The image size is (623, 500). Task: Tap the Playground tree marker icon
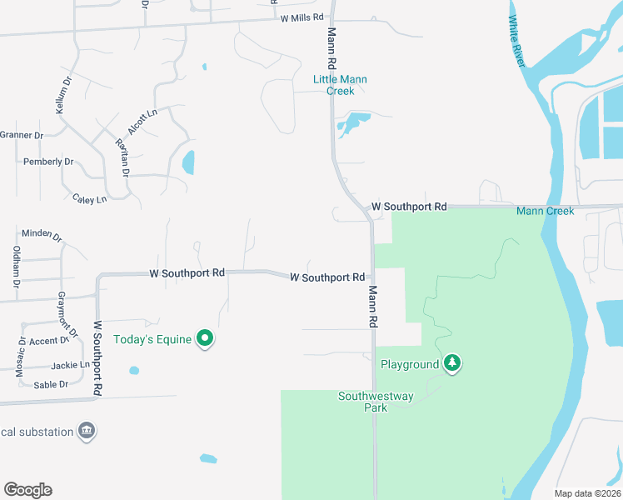tap(452, 363)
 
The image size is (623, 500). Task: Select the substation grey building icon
tap(86, 431)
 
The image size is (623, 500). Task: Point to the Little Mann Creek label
tap(340, 85)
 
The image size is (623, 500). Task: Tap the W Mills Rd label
tap(302, 17)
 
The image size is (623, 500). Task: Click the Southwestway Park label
tap(376, 402)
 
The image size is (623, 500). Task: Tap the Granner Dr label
tap(21, 135)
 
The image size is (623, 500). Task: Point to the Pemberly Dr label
tap(48, 162)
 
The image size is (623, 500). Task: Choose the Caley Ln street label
tap(90, 199)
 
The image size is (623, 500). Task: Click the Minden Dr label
tap(42, 234)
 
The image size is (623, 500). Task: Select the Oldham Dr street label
tap(17, 266)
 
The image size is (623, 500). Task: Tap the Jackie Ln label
tap(70, 365)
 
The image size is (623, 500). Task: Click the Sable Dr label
tap(51, 384)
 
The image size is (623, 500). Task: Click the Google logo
tap(27, 490)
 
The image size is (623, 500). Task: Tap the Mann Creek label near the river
tap(545, 211)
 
